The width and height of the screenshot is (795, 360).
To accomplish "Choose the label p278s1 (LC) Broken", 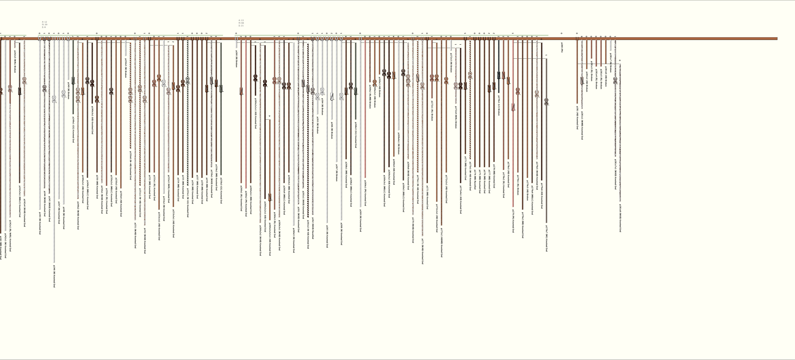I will point(499,105).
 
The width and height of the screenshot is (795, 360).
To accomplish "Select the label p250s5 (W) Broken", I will point(126,68).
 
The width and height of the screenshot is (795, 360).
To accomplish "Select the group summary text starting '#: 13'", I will point(241,23).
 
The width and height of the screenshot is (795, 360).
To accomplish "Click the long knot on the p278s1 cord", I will point(499,75).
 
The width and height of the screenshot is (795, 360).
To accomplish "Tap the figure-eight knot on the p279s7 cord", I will point(546,101).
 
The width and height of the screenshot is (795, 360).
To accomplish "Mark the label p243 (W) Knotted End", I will point(40,223).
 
